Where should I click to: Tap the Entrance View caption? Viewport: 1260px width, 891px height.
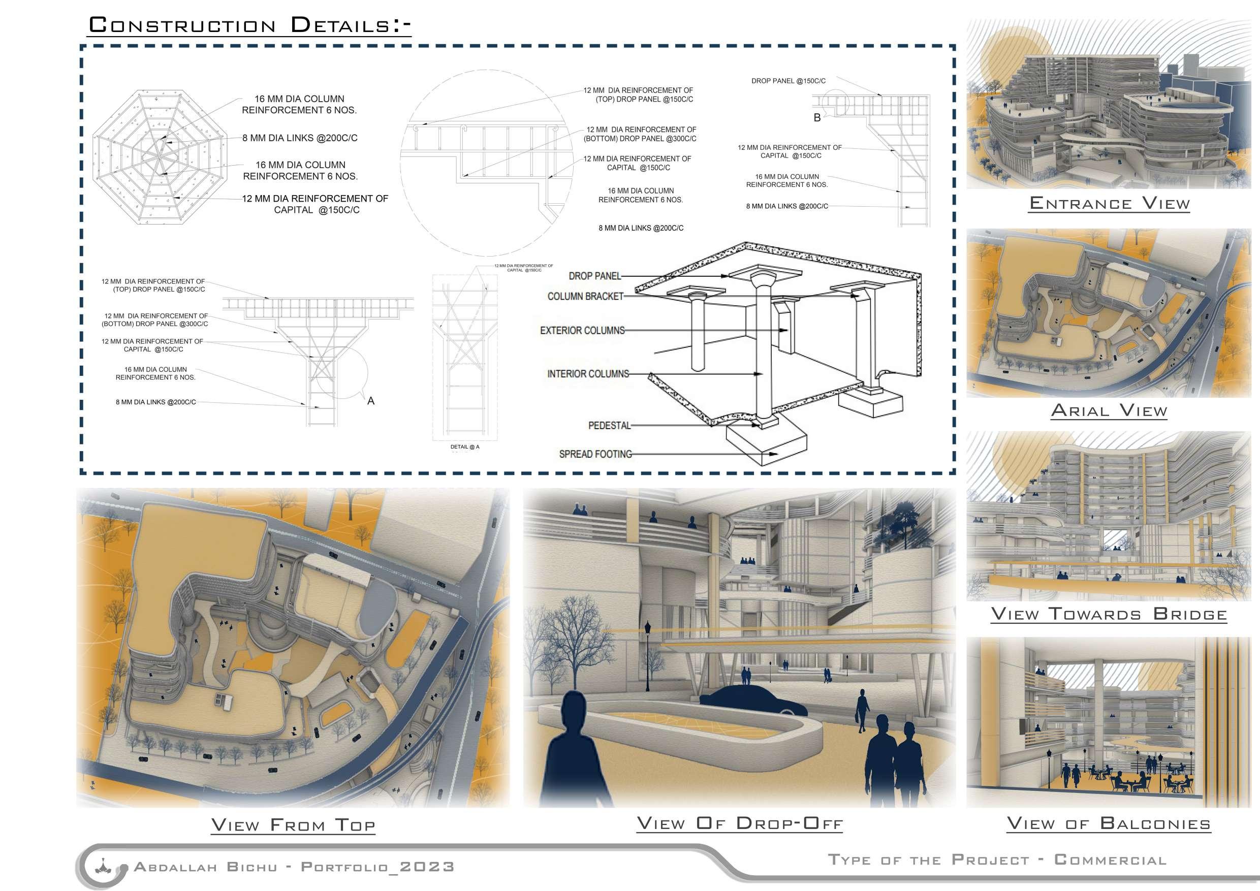coord(1109,204)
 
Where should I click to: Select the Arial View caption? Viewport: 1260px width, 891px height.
coord(1109,410)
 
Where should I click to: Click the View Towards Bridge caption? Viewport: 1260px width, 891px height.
coord(1109,614)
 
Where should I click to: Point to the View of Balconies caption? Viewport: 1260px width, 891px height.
coord(1109,823)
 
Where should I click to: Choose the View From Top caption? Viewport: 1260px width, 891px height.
coord(293,824)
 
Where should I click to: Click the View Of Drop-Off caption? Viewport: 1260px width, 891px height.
coord(739,823)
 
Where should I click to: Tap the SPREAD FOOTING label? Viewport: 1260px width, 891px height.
coord(595,454)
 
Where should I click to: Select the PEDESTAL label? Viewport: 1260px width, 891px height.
coord(609,425)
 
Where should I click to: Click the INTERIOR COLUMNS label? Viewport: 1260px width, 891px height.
coord(588,374)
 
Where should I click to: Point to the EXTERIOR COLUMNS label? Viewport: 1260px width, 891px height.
coord(582,330)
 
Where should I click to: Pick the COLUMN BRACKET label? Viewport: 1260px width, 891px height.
coord(585,296)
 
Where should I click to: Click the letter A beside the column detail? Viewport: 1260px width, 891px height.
coord(371,401)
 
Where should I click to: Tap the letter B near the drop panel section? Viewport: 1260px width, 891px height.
coord(817,117)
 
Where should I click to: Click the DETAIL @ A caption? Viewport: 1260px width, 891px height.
coord(465,447)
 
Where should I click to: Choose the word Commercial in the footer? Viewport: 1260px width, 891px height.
coord(1110,859)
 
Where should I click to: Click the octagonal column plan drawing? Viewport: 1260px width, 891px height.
coord(160,157)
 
